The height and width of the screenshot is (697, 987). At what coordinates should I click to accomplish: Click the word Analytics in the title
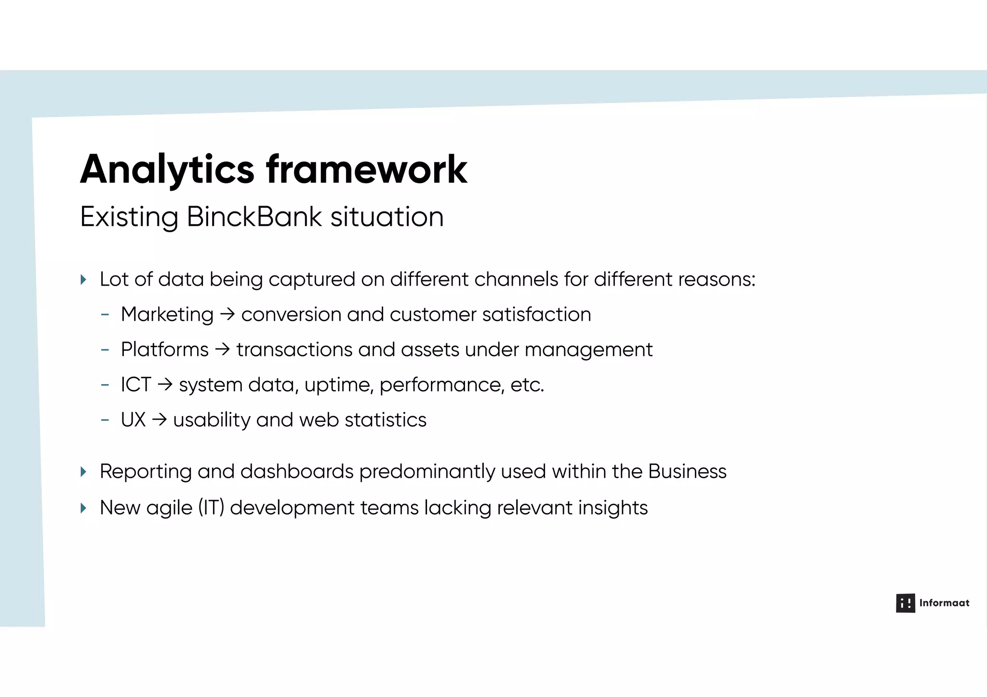pyautogui.click(x=167, y=170)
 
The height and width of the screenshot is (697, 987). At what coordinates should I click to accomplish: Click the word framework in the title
pyautogui.click(x=366, y=170)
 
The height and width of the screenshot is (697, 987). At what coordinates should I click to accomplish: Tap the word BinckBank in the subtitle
pyautogui.click(x=254, y=217)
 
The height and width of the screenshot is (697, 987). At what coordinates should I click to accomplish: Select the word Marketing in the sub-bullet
pyautogui.click(x=167, y=315)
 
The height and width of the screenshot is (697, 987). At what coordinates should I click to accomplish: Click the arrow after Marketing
pyautogui.click(x=227, y=315)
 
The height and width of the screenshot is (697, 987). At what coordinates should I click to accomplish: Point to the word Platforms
pyautogui.click(x=164, y=350)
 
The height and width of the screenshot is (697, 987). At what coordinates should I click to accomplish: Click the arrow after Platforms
pyautogui.click(x=222, y=350)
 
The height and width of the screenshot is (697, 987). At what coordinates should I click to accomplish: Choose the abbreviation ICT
pyautogui.click(x=136, y=385)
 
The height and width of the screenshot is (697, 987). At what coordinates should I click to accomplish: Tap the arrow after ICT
pyautogui.click(x=165, y=385)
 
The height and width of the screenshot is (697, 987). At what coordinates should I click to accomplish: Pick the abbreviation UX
pyautogui.click(x=133, y=420)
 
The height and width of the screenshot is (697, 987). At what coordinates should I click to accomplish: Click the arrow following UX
pyautogui.click(x=159, y=420)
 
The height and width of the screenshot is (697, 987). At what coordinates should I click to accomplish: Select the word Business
pyautogui.click(x=687, y=472)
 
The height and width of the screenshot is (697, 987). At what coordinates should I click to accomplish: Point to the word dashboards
pyautogui.click(x=297, y=472)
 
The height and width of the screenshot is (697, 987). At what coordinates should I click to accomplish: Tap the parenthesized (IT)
pyautogui.click(x=211, y=508)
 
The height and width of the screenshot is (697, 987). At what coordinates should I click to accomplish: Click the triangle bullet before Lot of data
pyautogui.click(x=83, y=279)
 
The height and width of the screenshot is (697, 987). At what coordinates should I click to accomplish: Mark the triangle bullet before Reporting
pyautogui.click(x=83, y=472)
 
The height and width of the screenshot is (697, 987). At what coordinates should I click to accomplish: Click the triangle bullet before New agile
pyautogui.click(x=83, y=508)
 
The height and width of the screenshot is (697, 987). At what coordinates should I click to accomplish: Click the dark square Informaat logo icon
pyautogui.click(x=905, y=603)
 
